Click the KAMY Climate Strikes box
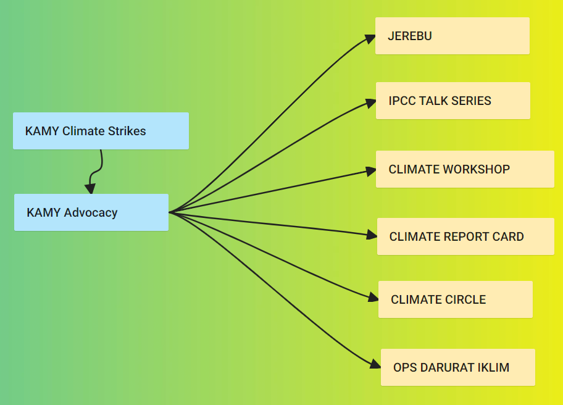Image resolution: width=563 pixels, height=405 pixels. coord(101,131)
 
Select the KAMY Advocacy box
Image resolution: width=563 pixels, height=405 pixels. coord(91,212)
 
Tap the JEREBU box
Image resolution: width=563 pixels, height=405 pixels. coord(452,36)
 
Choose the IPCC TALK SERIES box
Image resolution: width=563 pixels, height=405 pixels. coord(453,101)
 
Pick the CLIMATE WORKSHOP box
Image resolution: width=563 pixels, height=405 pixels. coord(465,169)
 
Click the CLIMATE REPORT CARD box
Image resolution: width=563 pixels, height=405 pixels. coord(465,236)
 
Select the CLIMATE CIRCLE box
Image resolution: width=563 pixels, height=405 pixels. coord(456,299)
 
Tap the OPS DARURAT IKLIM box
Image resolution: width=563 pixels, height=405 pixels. coord(458,367)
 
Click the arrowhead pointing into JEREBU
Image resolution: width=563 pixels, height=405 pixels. coord(370,38)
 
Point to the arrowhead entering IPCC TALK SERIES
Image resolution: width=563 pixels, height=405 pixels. coord(371,103)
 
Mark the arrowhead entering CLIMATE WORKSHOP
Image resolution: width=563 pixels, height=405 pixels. coord(371,171)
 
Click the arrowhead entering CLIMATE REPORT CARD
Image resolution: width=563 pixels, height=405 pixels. coord(372,235)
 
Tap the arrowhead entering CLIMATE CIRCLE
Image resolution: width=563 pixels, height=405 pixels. coord(373,297)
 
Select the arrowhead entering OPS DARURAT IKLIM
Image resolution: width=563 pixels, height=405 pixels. coord(375,364)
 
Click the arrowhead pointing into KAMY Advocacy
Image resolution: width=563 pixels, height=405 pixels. coord(90,188)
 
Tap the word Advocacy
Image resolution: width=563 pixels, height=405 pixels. coord(91,212)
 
